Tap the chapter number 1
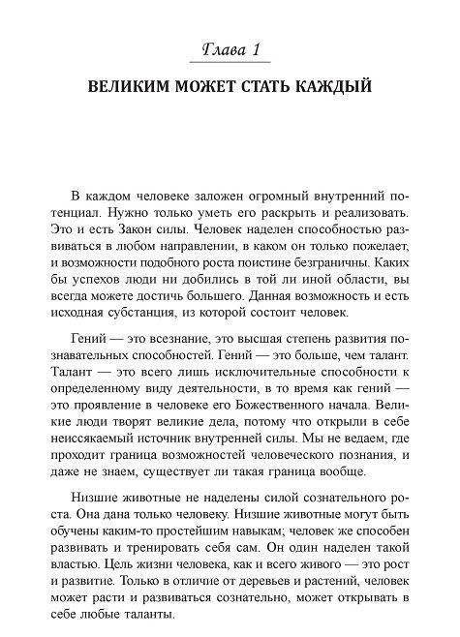[254, 48]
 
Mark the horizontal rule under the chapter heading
[230, 68]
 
